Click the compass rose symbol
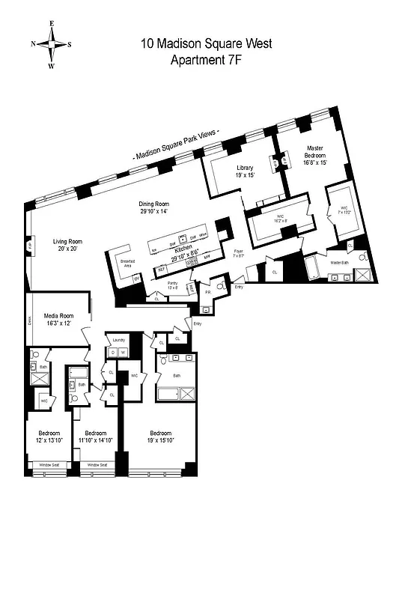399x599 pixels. (52, 44)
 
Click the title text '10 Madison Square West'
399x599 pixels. (206, 43)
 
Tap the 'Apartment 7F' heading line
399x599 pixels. (206, 61)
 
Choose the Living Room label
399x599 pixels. (67, 246)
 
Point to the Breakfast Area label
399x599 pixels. (127, 263)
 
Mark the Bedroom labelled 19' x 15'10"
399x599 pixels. (160, 437)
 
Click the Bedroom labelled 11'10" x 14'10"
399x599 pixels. (97, 437)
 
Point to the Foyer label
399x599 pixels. (238, 253)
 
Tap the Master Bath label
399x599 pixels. (341, 263)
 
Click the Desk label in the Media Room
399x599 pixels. (29, 320)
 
